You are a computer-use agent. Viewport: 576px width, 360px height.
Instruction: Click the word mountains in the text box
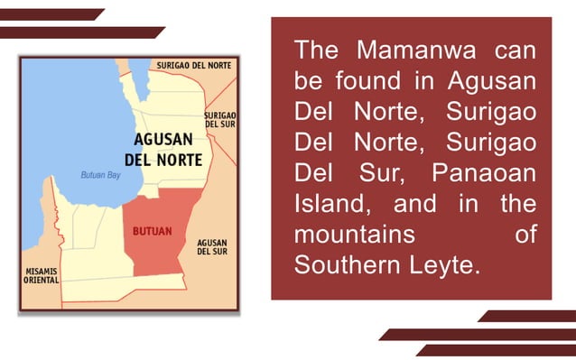[x=355, y=235]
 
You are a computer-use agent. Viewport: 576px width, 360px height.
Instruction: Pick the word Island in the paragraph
[x=330, y=203]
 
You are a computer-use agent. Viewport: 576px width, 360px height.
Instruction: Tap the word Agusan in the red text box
[x=491, y=79]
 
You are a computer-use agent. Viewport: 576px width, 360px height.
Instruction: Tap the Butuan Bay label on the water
[x=100, y=175]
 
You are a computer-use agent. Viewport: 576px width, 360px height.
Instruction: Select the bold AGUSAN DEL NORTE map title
[x=167, y=150]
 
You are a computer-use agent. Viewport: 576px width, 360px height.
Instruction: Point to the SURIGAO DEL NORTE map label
[x=193, y=66]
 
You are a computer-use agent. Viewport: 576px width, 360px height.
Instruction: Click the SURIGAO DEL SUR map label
[x=220, y=120]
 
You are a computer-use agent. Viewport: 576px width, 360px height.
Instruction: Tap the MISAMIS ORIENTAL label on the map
[x=41, y=275]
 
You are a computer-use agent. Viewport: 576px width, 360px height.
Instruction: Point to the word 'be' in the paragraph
[x=308, y=79]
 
